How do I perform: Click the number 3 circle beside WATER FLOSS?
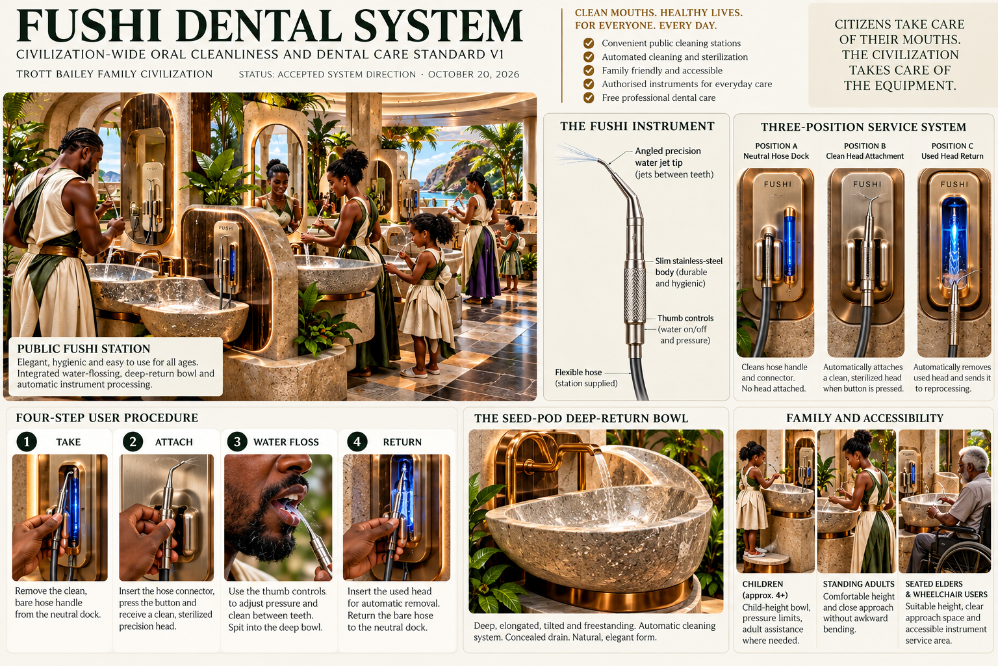237,442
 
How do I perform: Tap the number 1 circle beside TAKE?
27,442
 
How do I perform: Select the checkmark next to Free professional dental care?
589,98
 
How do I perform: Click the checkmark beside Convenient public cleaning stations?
589,44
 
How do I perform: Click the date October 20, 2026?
474,75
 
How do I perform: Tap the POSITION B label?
865,146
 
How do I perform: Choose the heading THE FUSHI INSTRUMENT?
637,126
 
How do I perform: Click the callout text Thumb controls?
685,318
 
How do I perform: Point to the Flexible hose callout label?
578,372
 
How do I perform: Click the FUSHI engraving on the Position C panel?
954,184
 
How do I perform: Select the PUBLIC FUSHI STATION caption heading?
84,349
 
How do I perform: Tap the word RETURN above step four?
402,442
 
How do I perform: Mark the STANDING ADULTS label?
858,584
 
